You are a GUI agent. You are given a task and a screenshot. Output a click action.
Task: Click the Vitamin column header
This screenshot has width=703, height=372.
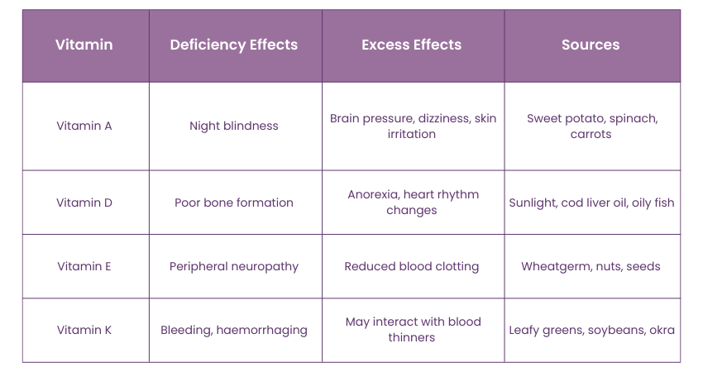[84, 45]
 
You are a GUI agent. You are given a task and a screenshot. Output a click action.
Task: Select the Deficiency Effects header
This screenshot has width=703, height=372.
[234, 45]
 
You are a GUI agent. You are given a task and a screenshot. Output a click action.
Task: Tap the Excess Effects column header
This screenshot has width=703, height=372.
[412, 45]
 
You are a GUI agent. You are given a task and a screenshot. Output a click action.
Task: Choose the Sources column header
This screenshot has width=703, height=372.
[591, 45]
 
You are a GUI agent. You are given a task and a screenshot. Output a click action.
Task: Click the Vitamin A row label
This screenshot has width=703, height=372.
[84, 126]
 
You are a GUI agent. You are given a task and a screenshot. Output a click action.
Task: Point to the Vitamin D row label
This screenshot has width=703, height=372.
[84, 203]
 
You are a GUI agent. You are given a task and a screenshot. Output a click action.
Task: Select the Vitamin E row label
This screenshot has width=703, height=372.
[84, 266]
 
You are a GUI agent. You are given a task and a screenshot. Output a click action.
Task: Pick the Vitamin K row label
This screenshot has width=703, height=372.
[84, 330]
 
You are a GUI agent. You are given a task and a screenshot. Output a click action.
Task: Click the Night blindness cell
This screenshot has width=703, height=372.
[234, 126]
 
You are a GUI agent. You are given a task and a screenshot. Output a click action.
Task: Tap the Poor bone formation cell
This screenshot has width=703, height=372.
[234, 203]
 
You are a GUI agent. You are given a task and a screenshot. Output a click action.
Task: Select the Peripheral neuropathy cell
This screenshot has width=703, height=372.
[234, 266]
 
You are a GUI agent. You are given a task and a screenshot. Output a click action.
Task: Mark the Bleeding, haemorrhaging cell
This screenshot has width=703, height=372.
[234, 330]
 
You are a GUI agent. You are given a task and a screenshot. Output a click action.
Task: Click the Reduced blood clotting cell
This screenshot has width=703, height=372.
[412, 266]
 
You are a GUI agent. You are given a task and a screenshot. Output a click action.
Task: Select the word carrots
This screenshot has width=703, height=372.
[591, 134]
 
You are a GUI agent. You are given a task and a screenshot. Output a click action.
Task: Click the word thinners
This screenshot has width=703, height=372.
[412, 337]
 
